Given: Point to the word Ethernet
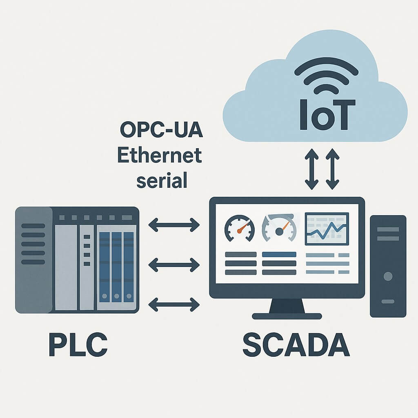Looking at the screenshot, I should point(160,156).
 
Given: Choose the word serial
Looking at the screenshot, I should point(162,180).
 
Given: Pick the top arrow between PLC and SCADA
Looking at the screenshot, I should point(174,224).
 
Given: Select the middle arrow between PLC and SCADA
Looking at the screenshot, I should point(174,265).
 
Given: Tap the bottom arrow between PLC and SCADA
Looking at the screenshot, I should point(174,304).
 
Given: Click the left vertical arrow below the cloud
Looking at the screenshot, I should point(312,169).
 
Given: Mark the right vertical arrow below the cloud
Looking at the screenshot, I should point(333,169).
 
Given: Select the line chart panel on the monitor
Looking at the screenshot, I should point(327,229).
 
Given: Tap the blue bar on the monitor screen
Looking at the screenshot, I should point(279,254).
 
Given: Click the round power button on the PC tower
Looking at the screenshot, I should point(388,276).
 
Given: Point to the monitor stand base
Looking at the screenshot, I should point(287,316).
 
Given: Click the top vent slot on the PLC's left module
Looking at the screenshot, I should point(33,226).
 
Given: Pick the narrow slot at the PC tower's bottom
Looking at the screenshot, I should point(388,302).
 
